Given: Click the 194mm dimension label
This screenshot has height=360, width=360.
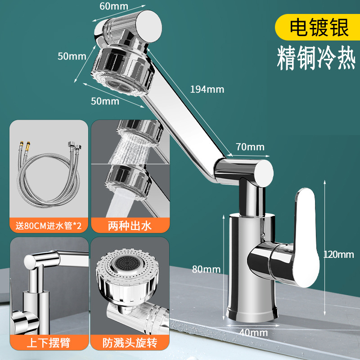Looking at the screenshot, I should (x=207, y=89).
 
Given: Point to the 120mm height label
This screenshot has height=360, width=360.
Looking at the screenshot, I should (x=338, y=254).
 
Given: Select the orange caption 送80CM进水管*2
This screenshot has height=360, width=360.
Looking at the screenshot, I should (x=49, y=225).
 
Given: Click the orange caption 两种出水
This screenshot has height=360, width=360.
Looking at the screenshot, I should (x=130, y=225).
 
